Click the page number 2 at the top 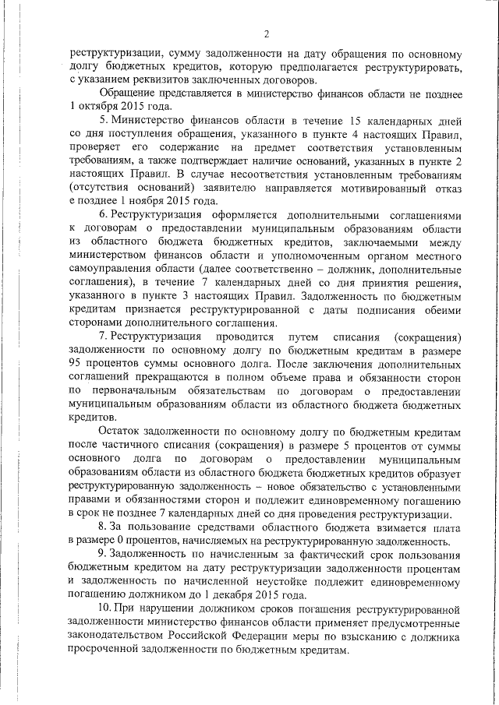tap(266, 33)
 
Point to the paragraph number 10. tap(105, 607)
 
